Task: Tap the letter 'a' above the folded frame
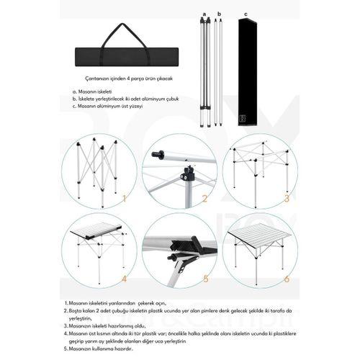[204, 14]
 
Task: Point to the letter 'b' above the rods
[218, 14]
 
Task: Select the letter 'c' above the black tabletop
[246, 14]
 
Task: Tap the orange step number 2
[204, 199]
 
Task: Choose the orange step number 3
[286, 199]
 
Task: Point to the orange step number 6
[286, 278]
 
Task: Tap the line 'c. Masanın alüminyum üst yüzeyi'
[108, 106]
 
